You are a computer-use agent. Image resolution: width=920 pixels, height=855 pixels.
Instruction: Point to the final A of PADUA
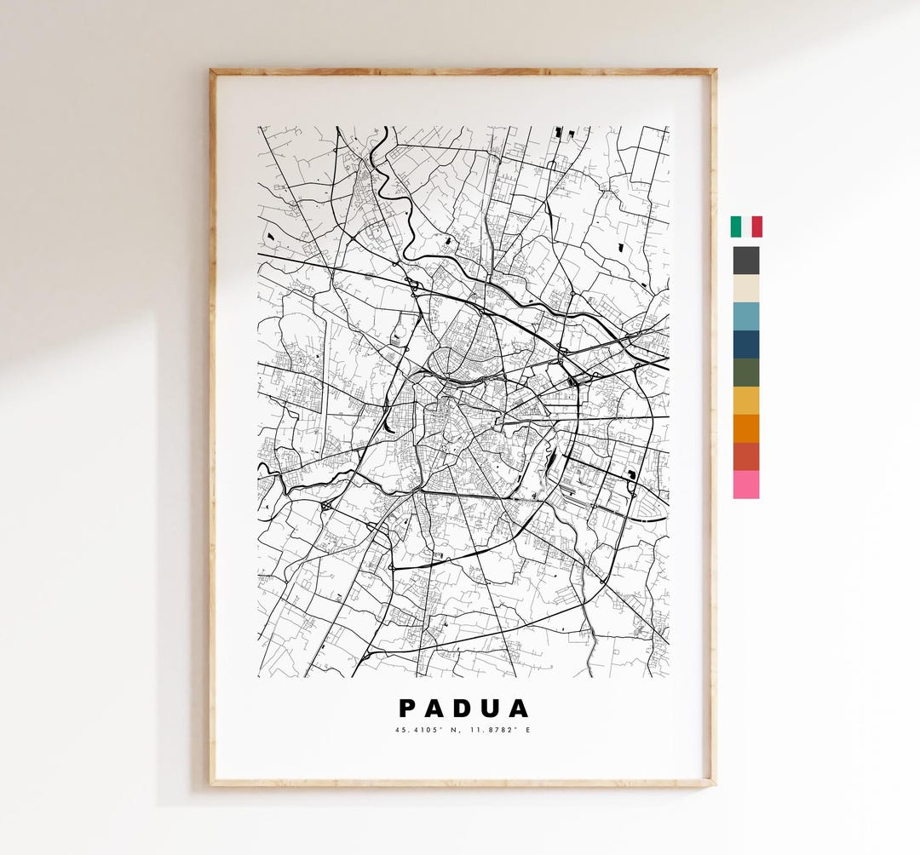520,709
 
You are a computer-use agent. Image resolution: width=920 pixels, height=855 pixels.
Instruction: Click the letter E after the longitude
527,730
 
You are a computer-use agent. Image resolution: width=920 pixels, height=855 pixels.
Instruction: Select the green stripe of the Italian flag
735,227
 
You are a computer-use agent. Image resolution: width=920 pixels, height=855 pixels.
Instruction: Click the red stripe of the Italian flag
757,227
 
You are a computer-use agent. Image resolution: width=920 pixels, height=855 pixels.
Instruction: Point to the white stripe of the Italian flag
746,227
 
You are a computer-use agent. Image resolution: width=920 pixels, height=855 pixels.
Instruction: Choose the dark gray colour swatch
746,260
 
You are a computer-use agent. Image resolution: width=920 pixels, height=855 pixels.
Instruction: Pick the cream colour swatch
746,288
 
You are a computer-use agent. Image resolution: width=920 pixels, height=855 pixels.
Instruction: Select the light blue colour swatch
746,316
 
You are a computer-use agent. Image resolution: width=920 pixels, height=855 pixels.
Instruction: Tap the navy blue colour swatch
746,344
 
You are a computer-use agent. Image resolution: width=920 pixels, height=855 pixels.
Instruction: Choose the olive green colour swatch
746,372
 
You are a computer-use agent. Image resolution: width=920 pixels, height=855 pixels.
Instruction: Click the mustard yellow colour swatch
746,400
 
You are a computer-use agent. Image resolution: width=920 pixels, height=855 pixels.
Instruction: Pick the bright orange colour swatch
746,428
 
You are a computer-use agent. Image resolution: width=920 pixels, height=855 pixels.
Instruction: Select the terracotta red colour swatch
746,456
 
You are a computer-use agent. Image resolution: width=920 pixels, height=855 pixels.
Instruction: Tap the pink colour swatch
746,485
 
